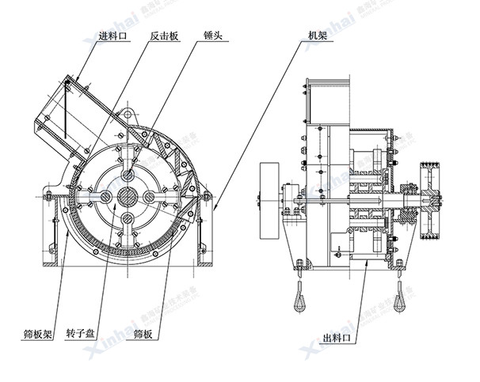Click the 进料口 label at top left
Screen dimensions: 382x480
(x=112, y=36)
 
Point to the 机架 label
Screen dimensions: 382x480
(x=318, y=36)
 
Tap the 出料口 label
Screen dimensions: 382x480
(x=337, y=339)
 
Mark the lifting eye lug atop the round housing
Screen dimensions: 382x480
(x=128, y=112)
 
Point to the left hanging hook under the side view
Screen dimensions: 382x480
(x=302, y=297)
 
